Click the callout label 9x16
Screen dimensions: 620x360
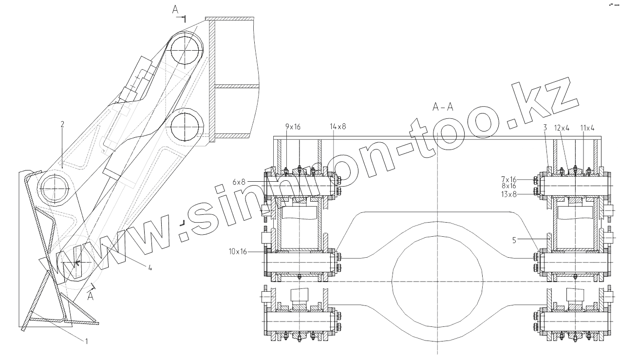click(293, 127)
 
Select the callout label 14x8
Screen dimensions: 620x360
click(338, 127)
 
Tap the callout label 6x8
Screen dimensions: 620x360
click(239, 182)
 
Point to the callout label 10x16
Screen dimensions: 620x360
click(238, 252)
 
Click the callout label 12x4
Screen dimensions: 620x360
click(562, 128)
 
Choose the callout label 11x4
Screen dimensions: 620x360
click(587, 128)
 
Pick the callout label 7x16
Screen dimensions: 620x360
click(509, 179)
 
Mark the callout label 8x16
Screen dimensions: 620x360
click(509, 186)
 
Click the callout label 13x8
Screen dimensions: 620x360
click(509, 194)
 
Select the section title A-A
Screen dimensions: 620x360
click(443, 107)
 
